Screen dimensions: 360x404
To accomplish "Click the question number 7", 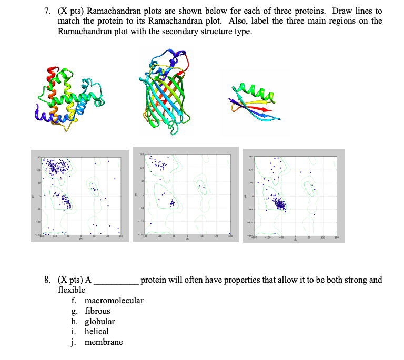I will click(x=47, y=11).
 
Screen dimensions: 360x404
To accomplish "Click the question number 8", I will click(x=47, y=280).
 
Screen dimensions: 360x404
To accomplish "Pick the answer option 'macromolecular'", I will click(x=114, y=301).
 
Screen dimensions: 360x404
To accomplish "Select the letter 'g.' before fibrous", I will click(x=75, y=311).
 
